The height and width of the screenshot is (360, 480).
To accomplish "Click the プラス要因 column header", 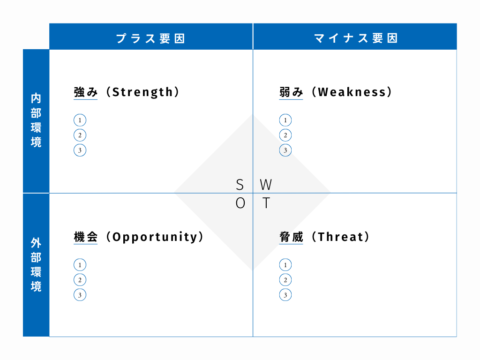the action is pyautogui.click(x=150, y=38).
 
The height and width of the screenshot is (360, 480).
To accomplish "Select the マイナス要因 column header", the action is pyautogui.click(x=356, y=38).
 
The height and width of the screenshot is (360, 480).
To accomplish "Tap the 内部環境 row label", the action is pyautogui.click(x=36, y=120).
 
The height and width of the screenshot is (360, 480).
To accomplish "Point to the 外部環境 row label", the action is pyautogui.click(x=36, y=265).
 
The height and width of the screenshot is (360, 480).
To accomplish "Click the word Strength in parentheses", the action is pyautogui.click(x=142, y=92).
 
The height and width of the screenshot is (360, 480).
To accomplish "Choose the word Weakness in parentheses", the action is pyautogui.click(x=352, y=92).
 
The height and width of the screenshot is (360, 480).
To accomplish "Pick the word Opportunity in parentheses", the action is pyautogui.click(x=155, y=237).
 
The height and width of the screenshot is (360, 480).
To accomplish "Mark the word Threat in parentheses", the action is pyautogui.click(x=340, y=237).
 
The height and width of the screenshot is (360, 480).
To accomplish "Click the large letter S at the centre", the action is pyautogui.click(x=240, y=185).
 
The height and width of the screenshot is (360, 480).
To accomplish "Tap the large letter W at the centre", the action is pyautogui.click(x=266, y=185).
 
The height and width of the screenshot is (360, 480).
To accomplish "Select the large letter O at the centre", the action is pyautogui.click(x=240, y=203).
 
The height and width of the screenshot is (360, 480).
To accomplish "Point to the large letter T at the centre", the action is pyautogui.click(x=266, y=203).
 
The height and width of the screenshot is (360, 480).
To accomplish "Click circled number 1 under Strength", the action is pyautogui.click(x=80, y=120).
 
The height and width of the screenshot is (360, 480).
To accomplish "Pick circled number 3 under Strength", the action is pyautogui.click(x=80, y=150).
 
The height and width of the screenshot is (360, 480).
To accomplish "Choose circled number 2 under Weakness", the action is pyautogui.click(x=285, y=135).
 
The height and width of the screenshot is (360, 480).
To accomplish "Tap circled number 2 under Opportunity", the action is pyautogui.click(x=80, y=280).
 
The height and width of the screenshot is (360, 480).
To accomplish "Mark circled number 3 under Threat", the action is pyautogui.click(x=285, y=295).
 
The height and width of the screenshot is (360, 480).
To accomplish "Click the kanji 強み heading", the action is pyautogui.click(x=86, y=92).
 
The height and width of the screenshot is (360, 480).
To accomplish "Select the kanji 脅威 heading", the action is pyautogui.click(x=291, y=237).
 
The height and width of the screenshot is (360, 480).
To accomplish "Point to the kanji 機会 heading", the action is pyautogui.click(x=86, y=237).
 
